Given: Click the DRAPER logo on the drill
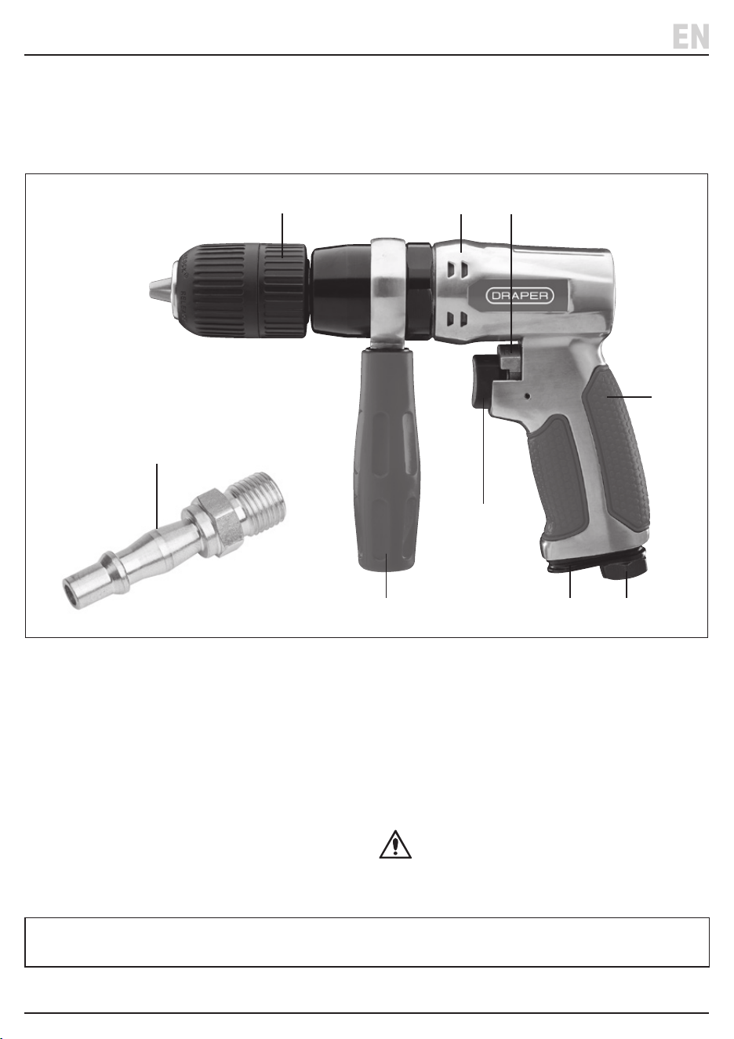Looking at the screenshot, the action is pyautogui.click(x=519, y=296).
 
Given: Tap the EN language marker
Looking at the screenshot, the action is pyautogui.click(x=690, y=37).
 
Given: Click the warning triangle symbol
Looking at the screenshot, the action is pyautogui.click(x=395, y=844).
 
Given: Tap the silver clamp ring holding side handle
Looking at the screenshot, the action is pyautogui.click(x=388, y=291).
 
